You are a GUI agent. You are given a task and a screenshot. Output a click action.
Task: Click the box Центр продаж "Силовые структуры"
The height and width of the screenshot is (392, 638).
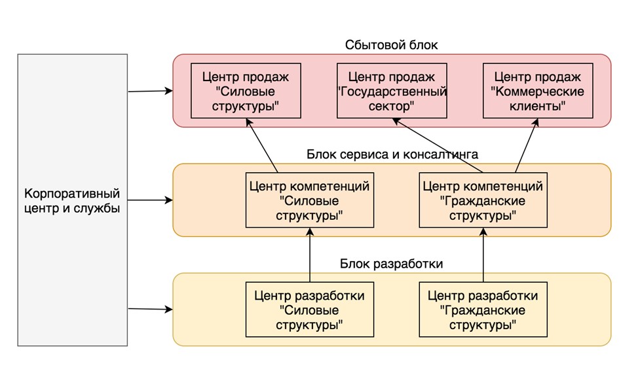(246, 90)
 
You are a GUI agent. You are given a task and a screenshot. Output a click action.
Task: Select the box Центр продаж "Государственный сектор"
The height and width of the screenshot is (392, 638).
(392, 90)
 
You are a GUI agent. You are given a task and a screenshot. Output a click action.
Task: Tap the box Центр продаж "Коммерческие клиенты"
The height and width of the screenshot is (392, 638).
(538, 90)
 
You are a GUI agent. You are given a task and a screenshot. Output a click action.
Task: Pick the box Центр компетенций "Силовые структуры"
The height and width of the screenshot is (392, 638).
(309, 200)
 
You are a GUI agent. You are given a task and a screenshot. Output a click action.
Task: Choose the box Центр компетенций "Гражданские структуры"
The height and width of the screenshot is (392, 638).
(483, 200)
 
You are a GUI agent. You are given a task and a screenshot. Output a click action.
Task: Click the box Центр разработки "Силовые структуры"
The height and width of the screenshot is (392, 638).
(309, 310)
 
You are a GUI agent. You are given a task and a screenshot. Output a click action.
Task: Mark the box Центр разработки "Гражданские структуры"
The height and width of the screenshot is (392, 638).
(483, 310)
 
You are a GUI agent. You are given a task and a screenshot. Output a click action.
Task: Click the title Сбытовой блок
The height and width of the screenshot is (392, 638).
(391, 45)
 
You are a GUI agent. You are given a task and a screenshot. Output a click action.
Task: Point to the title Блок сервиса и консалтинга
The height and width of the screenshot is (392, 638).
(392, 154)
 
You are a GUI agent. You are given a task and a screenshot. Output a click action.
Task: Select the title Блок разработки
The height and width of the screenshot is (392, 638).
(392, 264)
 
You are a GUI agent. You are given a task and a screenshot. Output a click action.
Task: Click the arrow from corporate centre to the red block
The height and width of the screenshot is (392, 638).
(150, 92)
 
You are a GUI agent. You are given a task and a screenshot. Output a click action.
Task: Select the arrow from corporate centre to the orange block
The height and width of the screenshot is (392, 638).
(150, 200)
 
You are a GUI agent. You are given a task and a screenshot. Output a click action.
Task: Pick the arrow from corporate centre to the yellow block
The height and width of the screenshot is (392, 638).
(150, 308)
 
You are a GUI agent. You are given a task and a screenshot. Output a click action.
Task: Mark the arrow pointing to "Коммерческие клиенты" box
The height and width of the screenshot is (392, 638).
(521, 145)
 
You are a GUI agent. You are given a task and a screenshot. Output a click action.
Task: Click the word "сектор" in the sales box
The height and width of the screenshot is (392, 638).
(392, 105)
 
